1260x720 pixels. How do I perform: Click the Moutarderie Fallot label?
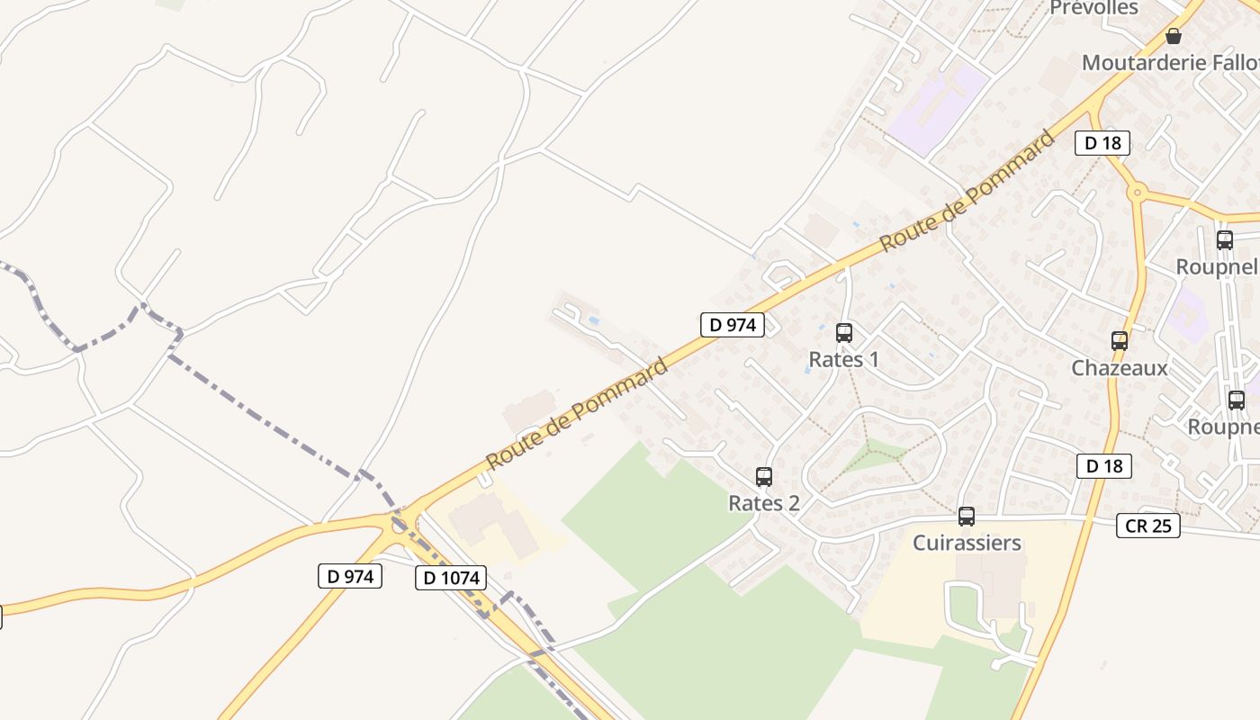(1170, 63)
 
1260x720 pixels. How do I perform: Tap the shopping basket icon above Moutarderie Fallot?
(1174, 36)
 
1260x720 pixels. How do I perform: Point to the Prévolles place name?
(1093, 8)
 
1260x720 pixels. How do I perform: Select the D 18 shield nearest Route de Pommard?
(1102, 142)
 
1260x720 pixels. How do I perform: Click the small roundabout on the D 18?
(1138, 192)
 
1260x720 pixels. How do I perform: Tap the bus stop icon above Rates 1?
(844, 333)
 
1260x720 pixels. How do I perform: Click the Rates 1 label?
(844, 359)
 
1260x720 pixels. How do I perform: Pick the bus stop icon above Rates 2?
(764, 477)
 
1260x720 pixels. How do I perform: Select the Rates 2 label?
(764, 503)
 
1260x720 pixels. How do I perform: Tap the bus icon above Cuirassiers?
(967, 517)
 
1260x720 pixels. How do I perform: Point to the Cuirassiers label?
(967, 543)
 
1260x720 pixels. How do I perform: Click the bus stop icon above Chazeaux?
(1120, 341)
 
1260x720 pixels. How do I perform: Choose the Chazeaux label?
(1120, 367)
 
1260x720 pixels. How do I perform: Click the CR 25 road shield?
(1148, 526)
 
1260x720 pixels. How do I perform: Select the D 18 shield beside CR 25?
(1103, 465)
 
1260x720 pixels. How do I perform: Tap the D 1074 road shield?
(451, 578)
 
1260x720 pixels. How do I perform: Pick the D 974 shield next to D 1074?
(350, 576)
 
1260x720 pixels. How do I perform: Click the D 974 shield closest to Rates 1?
(733, 325)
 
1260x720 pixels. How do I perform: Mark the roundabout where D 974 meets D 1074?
(399, 523)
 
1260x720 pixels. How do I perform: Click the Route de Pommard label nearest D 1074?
(577, 413)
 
